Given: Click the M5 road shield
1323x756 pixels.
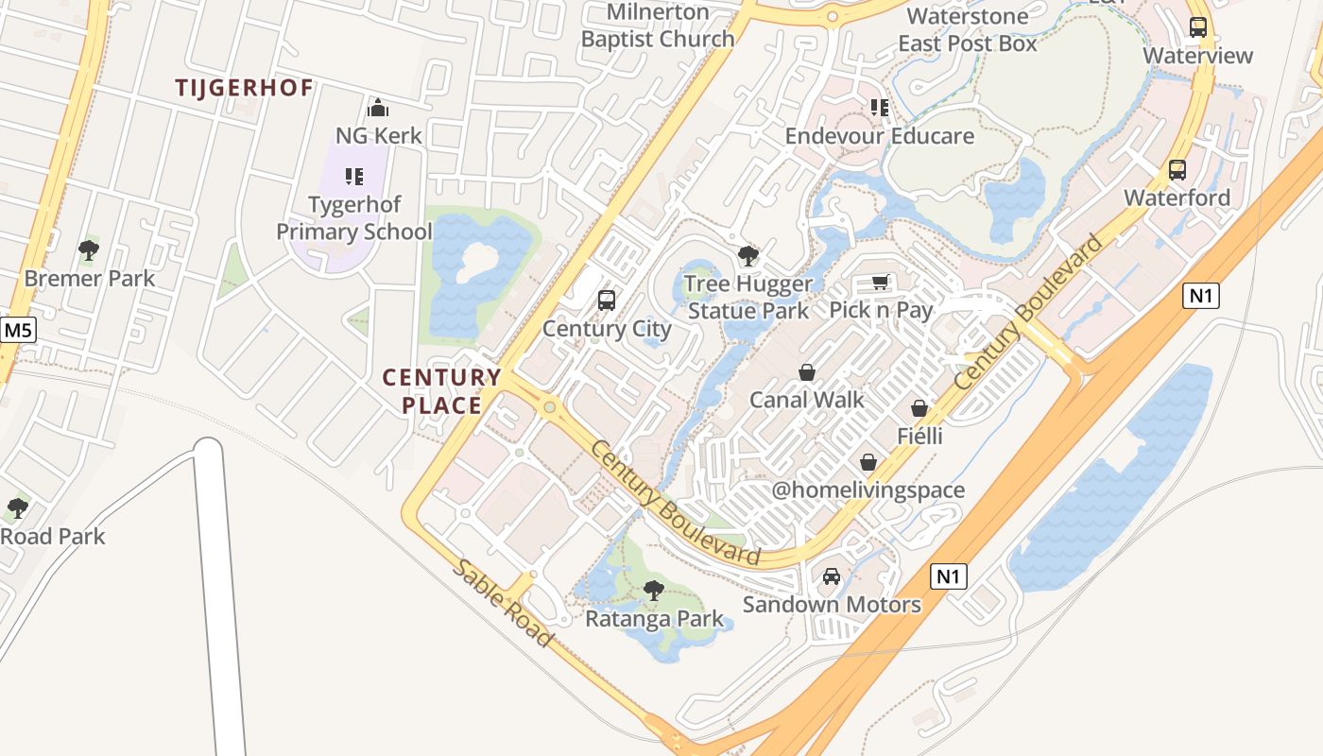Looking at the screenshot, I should coord(17,330).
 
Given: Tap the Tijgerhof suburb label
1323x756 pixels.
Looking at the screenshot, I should coord(244,88).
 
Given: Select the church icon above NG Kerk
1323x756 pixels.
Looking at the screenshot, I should coord(378,108).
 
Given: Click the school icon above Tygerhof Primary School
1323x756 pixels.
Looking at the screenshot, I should coord(354,176).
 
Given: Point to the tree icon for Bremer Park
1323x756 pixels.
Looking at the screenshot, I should coord(89,250).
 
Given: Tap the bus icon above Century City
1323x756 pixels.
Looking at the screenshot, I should coord(607,301).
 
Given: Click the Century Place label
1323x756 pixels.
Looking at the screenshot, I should coord(441,391).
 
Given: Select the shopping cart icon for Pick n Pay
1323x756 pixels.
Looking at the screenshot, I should coord(881,282).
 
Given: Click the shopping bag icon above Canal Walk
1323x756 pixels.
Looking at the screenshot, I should coord(807,371).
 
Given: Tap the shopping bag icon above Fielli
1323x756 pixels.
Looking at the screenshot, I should coord(919,408).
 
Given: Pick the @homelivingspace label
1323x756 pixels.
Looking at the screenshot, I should coord(868,490).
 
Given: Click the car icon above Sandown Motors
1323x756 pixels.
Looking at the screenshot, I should coord(832,576).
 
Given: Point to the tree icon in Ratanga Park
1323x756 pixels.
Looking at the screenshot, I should coord(653,591).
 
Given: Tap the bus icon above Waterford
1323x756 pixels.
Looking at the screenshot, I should coord(1177,170).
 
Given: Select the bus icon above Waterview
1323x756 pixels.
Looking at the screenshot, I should coord(1198,27).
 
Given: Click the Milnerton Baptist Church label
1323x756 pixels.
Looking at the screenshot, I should coord(658,26).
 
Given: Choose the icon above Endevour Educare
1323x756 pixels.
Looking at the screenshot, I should coord(880,108).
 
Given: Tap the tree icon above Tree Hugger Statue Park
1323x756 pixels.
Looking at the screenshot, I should coord(748,255).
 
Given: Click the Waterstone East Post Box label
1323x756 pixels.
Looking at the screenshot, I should coord(968,29).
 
